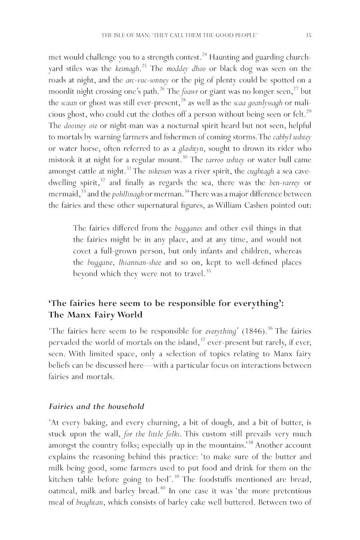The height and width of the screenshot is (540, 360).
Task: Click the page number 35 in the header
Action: point(309,35)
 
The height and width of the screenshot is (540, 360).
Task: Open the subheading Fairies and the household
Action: point(96,406)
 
